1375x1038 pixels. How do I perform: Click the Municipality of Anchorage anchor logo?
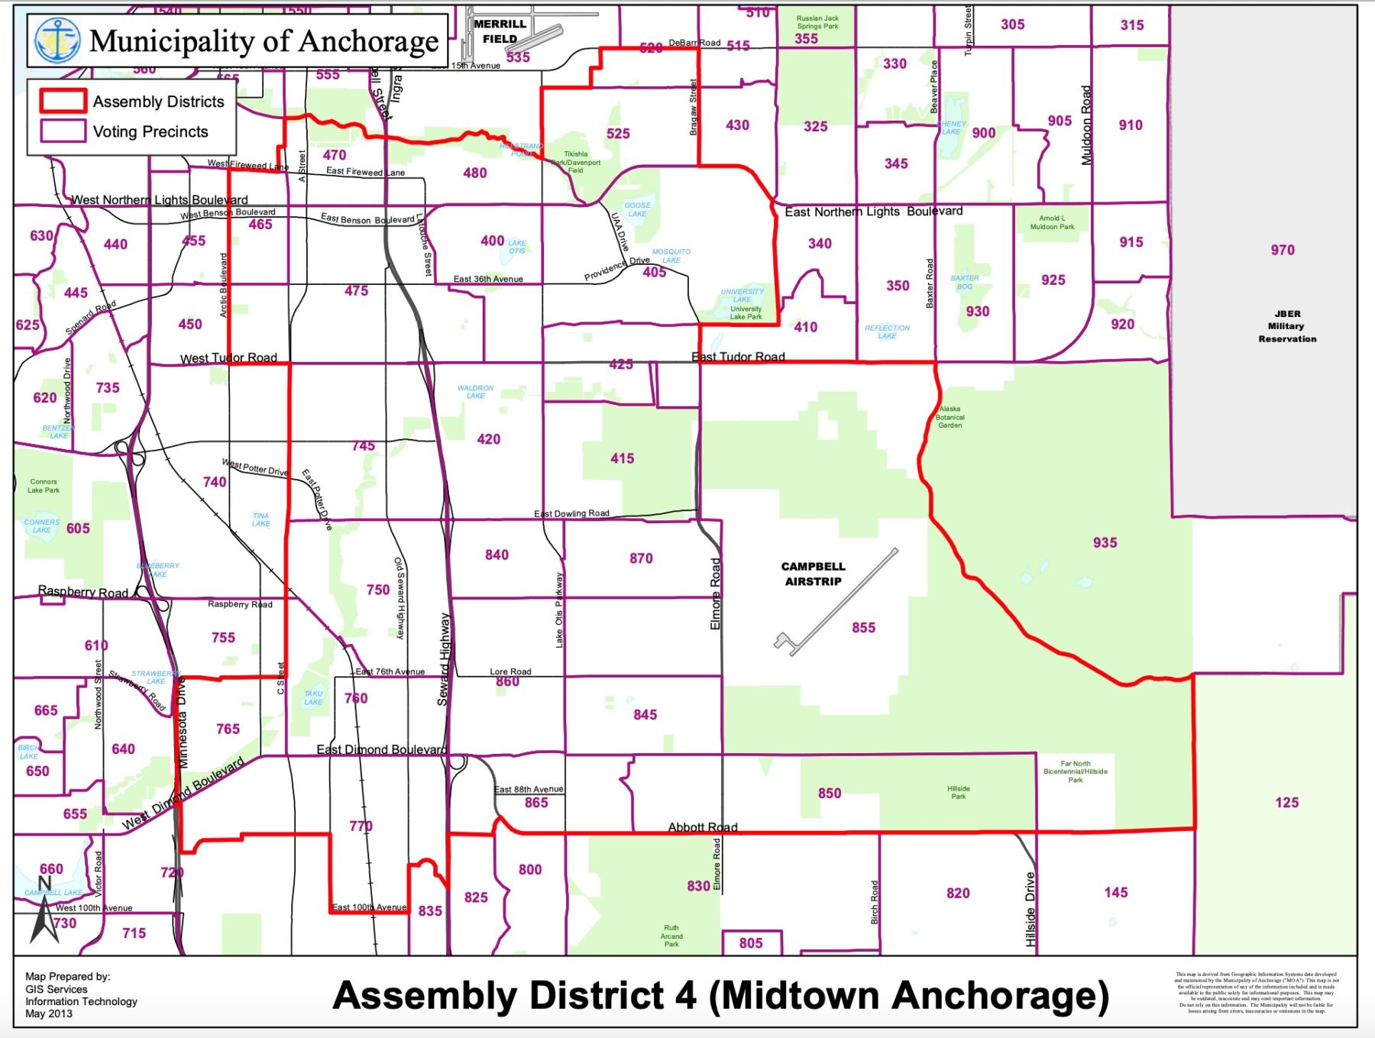57,40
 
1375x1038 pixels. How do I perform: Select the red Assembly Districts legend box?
63,101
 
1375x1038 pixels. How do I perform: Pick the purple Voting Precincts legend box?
63,131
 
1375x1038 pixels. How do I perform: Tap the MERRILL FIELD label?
500,31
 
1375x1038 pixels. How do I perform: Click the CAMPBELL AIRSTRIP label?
813,574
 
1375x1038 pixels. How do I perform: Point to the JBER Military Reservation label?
1287,326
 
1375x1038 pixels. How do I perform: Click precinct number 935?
1105,542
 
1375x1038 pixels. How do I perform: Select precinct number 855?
863,627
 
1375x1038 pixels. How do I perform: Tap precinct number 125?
1286,802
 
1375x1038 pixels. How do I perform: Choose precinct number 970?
1283,250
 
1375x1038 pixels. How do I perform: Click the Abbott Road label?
703,827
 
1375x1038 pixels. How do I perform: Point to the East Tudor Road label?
738,357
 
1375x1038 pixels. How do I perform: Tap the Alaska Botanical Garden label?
950,417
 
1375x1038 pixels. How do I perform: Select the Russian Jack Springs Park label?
817,22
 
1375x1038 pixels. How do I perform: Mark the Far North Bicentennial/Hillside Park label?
1075,771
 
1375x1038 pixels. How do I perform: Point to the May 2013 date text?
49,1014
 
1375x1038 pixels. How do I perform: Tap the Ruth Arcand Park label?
671,936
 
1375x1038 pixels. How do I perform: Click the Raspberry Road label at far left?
83,591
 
